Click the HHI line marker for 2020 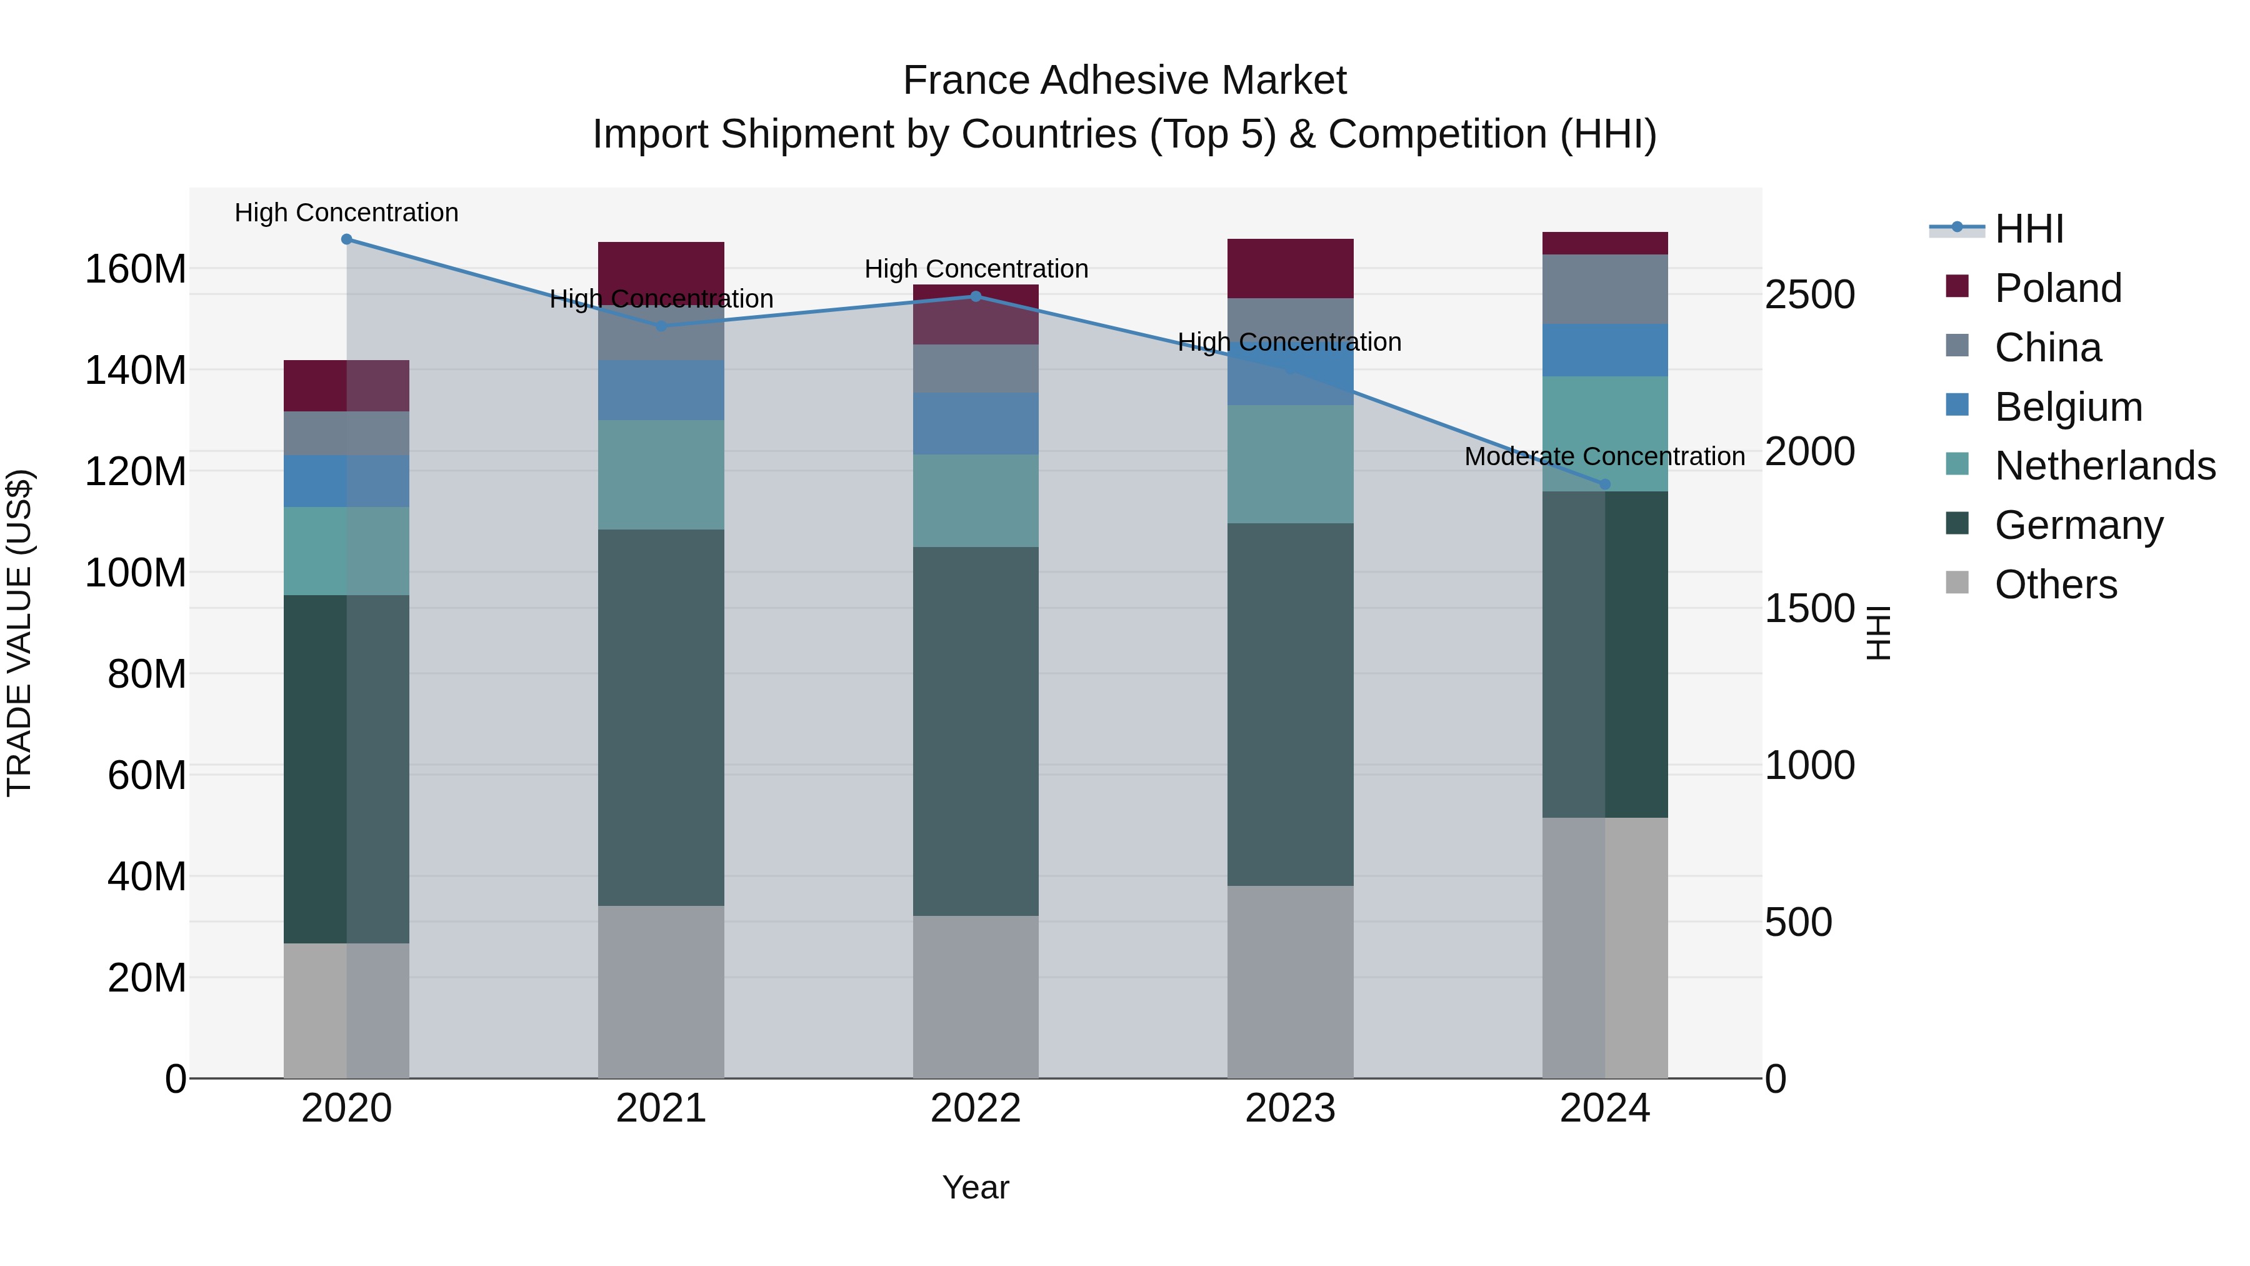click(x=347, y=239)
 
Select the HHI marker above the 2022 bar click(x=976, y=296)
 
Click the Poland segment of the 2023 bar click(x=1290, y=268)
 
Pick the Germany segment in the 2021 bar click(x=661, y=716)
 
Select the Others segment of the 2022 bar click(x=976, y=996)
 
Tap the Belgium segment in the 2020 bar click(x=347, y=481)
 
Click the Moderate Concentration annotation click(x=1604, y=456)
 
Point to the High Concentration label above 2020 click(x=347, y=213)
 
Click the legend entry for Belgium click(x=2067, y=407)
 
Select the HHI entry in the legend click(x=2028, y=229)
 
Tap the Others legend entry click(x=2055, y=585)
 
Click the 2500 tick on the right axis click(x=1809, y=294)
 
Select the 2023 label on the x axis click(x=1290, y=1108)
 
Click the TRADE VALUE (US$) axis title click(x=19, y=633)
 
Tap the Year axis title click(x=976, y=1187)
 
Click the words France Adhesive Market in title click(x=1124, y=81)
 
